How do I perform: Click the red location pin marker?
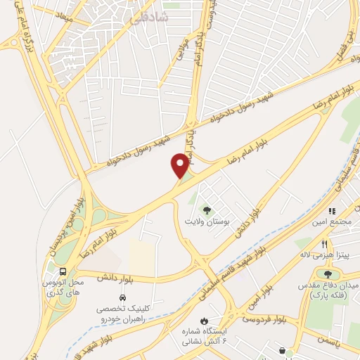pyautogui.click(x=180, y=166)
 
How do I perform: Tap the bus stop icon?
pyautogui.click(x=63, y=271)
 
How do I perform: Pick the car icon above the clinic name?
pyautogui.click(x=122, y=298)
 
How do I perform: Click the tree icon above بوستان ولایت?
pyautogui.click(x=207, y=209)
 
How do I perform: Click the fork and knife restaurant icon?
pyautogui.click(x=324, y=244)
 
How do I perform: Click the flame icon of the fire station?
pyautogui.click(x=205, y=320)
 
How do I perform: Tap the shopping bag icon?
pyautogui.click(x=281, y=351)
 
